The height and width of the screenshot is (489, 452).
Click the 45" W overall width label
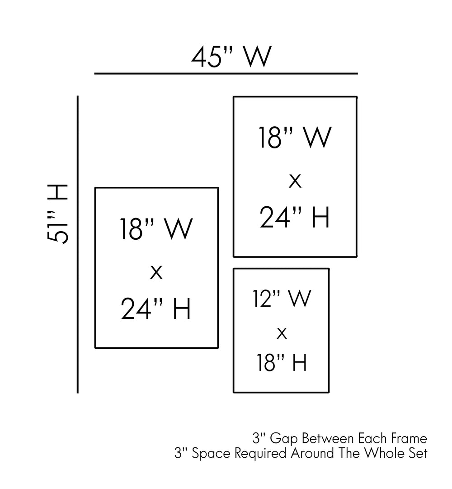click(231, 57)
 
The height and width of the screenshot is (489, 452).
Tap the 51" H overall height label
click(57, 214)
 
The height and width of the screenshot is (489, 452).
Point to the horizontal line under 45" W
click(226, 74)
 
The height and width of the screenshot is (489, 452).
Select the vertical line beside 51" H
click(78, 244)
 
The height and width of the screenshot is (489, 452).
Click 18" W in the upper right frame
click(295, 138)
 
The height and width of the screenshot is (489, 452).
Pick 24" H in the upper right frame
click(295, 217)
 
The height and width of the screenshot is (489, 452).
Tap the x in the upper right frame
click(295, 181)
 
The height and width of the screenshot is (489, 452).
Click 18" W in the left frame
click(156, 228)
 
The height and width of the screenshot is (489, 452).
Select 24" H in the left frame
click(156, 309)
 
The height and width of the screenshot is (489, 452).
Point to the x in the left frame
click(156, 272)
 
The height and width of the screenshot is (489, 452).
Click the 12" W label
click(282, 299)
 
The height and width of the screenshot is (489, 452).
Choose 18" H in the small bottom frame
click(282, 362)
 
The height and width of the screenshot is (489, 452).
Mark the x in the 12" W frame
click(282, 333)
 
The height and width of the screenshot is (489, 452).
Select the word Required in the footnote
click(260, 453)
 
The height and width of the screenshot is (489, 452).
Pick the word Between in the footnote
click(328, 438)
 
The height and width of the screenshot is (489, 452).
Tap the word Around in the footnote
click(312, 453)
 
